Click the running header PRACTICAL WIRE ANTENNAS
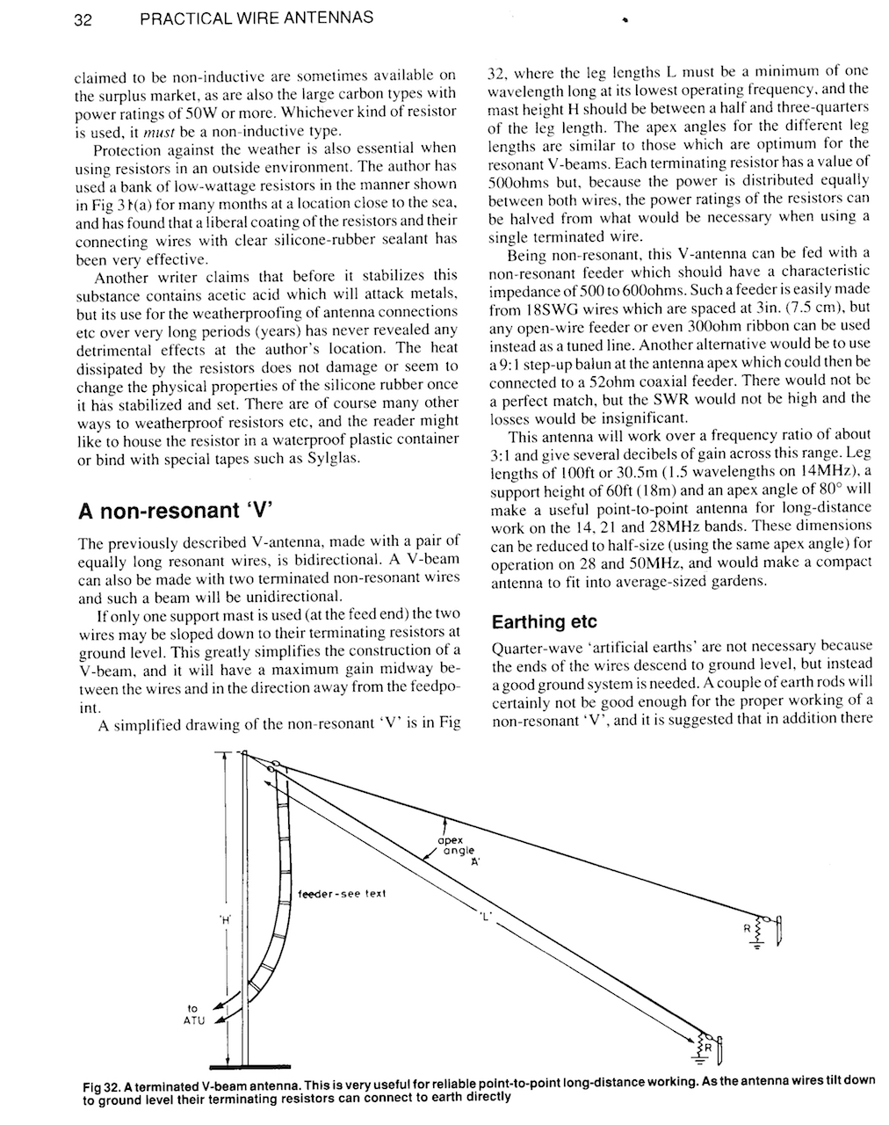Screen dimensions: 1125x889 coord(256,17)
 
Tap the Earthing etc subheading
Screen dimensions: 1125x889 coord(544,622)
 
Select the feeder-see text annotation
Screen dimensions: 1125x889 coord(343,893)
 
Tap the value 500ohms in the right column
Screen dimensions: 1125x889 coord(517,180)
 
